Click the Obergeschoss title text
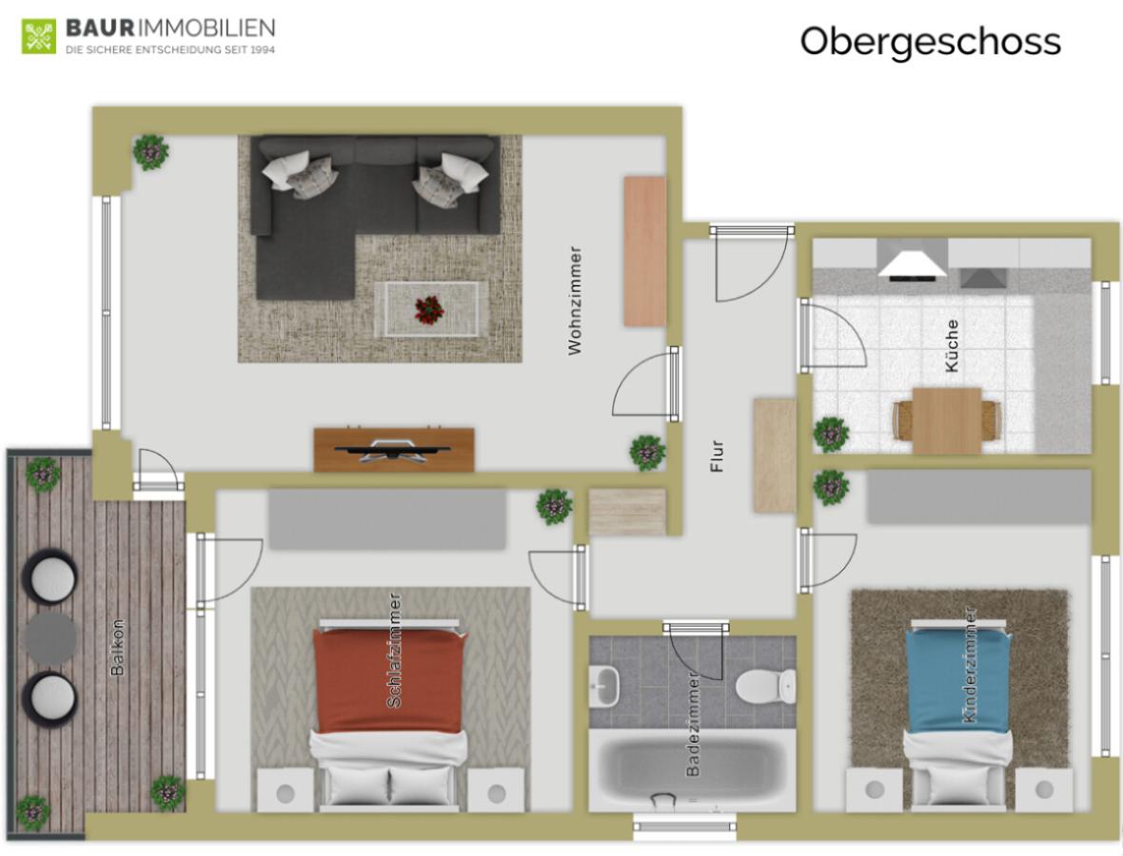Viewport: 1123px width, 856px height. click(929, 41)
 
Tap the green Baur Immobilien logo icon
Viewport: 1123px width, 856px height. click(39, 35)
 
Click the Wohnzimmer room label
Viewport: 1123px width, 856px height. click(574, 302)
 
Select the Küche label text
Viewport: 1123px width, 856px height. click(953, 344)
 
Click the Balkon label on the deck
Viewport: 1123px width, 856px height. click(118, 647)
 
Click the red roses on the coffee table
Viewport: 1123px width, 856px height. click(429, 308)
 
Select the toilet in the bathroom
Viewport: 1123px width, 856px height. click(767, 682)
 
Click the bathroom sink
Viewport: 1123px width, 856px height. click(605, 682)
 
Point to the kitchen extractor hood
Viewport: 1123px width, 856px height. click(912, 263)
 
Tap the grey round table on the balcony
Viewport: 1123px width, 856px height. click(50, 636)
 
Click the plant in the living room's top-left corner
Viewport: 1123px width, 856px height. click(150, 151)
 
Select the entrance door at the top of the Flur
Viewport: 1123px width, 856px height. click(752, 230)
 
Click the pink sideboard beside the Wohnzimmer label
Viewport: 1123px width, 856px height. click(644, 251)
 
